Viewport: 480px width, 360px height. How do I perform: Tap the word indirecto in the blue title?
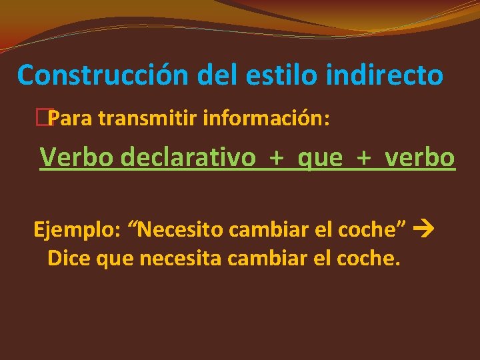[385, 75]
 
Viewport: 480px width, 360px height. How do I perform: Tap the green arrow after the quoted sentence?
[423, 231]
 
